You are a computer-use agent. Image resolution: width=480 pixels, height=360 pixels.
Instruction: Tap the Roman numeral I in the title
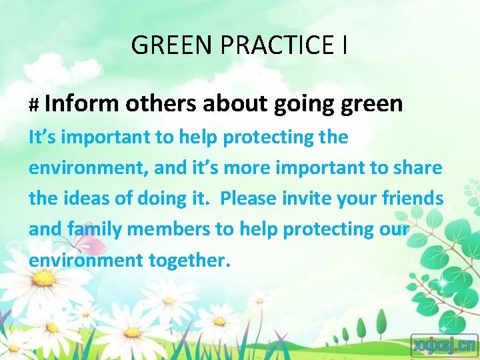[343, 45]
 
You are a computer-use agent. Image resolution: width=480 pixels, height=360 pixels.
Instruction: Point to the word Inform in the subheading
[82, 103]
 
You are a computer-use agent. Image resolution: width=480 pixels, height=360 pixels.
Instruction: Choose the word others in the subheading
[160, 103]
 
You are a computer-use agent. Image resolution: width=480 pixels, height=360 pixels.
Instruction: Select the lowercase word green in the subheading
[371, 105]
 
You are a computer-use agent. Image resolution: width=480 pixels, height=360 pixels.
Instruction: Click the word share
[419, 167]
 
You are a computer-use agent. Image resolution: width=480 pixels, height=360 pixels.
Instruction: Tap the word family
[95, 229]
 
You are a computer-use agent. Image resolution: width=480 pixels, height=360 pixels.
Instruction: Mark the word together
[187, 260]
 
